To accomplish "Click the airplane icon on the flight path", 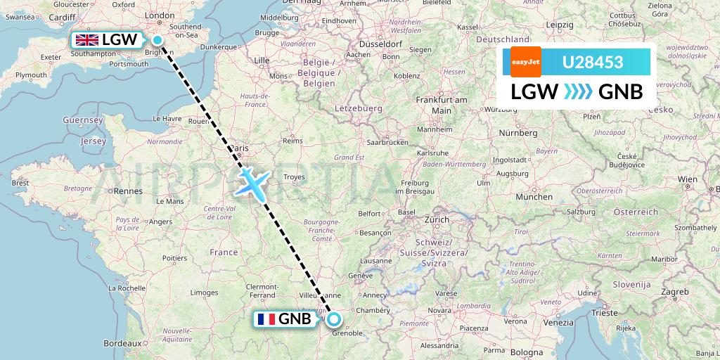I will click(x=251, y=181).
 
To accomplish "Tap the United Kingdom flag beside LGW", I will click(x=89, y=40).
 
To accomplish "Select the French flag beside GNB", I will click(x=266, y=320).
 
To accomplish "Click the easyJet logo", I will click(x=522, y=62).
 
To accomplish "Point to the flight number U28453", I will click(x=592, y=63).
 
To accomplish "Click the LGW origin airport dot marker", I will click(x=157, y=40).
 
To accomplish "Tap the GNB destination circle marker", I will click(x=334, y=320).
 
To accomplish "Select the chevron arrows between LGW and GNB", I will click(x=578, y=92).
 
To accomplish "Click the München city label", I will click(x=534, y=198).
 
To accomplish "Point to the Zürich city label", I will click(x=436, y=219).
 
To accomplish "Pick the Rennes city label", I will click(x=128, y=191).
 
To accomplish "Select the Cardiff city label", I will click(x=63, y=17).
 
